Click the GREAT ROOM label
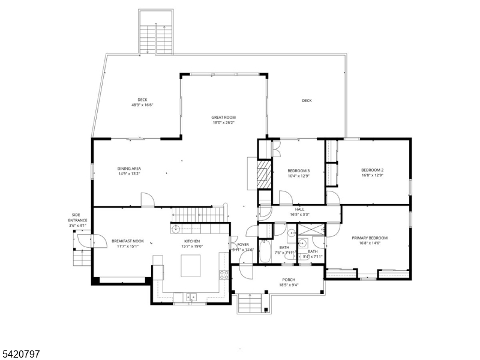223,117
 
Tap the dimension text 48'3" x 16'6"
142,105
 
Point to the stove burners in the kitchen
224,275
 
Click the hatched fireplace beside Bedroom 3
265,174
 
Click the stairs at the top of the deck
156,40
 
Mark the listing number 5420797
20,354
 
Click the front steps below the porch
250,304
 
